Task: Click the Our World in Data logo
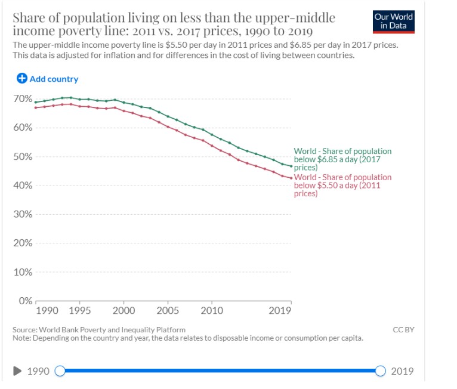393,21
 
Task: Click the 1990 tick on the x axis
47,311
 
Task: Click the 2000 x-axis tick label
123,311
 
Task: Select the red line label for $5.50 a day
342,185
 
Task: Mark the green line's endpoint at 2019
291,166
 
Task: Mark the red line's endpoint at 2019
291,178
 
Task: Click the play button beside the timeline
18,371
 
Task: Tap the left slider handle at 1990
60,371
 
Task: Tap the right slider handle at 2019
381,371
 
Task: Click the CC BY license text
403,330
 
